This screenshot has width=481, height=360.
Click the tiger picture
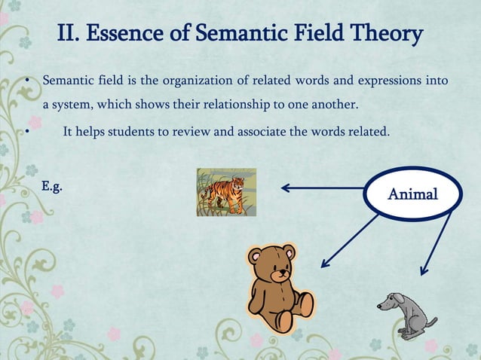[226, 192]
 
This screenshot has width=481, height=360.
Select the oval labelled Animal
[412, 194]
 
